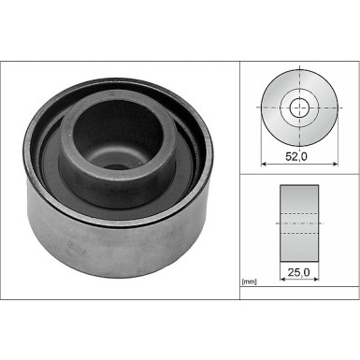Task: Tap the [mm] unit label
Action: coord(249,281)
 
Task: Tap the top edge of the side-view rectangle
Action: coord(300,186)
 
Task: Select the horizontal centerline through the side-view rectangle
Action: coord(300,223)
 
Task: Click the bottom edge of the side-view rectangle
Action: coord(300,259)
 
